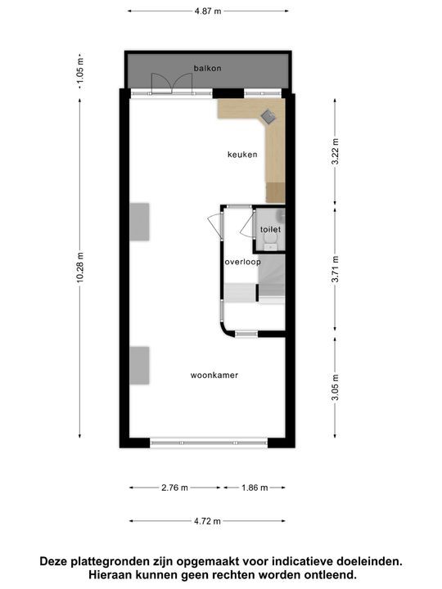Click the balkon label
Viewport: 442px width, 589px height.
click(x=208, y=68)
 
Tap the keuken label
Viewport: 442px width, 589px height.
click(x=242, y=155)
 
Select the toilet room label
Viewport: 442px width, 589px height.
click(x=271, y=230)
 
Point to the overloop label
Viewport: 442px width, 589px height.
click(x=242, y=263)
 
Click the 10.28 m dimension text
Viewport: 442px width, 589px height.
click(x=79, y=267)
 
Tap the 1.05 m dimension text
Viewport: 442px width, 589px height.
click(x=79, y=70)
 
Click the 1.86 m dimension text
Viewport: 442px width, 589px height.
click(x=254, y=488)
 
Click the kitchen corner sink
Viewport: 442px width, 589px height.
click(x=269, y=117)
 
